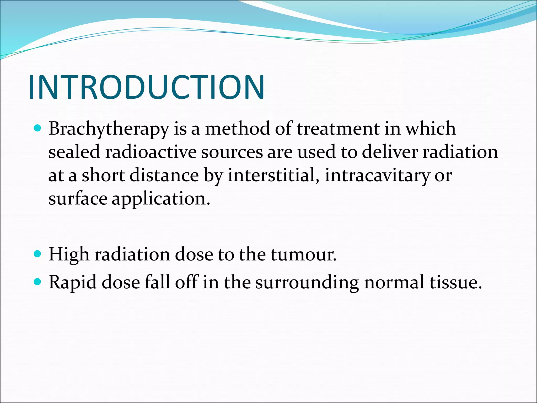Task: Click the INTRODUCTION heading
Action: pos(147,87)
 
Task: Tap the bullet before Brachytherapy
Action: pos(38,128)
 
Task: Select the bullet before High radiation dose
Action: pos(38,254)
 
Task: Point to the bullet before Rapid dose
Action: pos(38,282)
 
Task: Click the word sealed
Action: pos(74,152)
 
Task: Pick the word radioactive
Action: pos(151,152)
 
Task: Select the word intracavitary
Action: pos(377,175)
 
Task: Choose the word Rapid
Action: pos(72,283)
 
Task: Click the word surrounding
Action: pos(307,283)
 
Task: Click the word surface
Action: pos(78,199)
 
